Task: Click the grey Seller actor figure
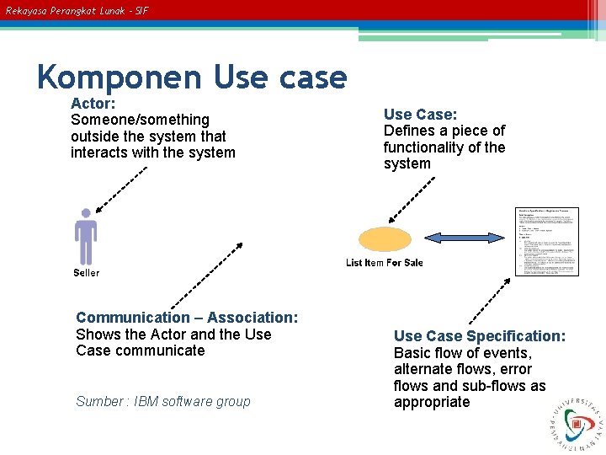pos(85,237)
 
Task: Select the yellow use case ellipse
pos(385,240)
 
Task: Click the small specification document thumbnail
pos(548,241)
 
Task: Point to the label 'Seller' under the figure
pos(86,273)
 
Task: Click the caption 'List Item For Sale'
pos(384,263)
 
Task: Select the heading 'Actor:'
pos(93,104)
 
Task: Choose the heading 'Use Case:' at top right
pos(420,115)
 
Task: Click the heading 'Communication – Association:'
pos(187,318)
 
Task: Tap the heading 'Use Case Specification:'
pos(480,336)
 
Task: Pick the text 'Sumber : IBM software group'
pos(162,402)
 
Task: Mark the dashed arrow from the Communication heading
pos(205,276)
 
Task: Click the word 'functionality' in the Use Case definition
pos(423,147)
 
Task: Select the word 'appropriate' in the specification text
pos(432,402)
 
